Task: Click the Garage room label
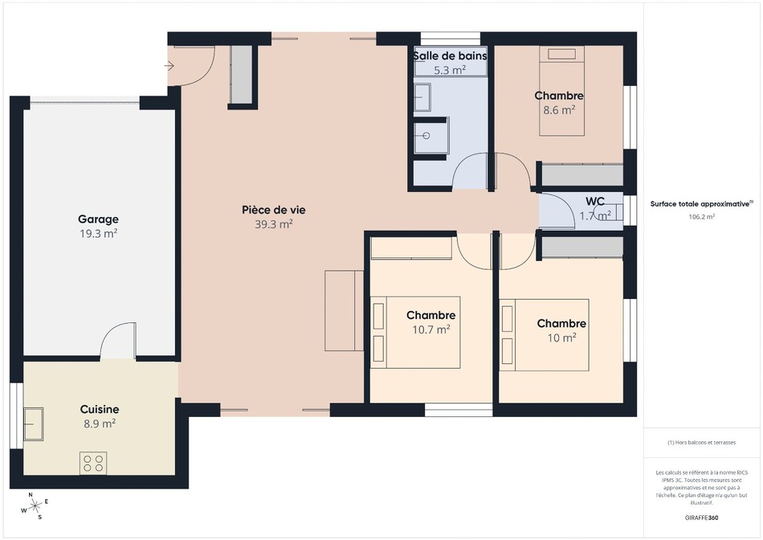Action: point(98,219)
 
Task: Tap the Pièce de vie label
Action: point(274,210)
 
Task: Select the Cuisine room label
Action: point(100,410)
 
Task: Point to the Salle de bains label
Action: point(450,56)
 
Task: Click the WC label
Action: point(595,201)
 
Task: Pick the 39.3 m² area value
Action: point(274,224)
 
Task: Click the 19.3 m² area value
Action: point(98,233)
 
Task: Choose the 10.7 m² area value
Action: point(431,329)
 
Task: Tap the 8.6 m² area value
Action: point(559,110)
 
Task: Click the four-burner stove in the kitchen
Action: point(93,463)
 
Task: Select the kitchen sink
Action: point(34,424)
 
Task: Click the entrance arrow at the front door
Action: point(169,65)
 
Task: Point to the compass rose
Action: point(35,506)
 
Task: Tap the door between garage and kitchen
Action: point(118,341)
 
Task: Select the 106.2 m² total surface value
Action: point(701,217)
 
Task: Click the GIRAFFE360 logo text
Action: point(701,517)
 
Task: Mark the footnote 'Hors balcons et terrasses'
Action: point(701,443)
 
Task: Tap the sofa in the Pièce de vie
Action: point(344,311)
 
